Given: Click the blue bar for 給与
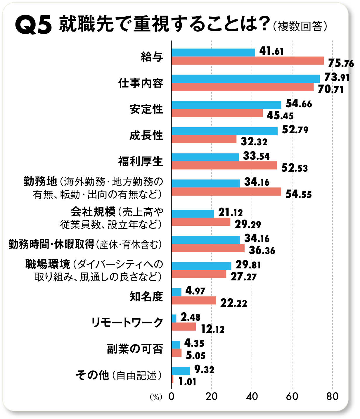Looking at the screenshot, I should coord(213,52).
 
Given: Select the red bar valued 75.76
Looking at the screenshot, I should coord(247,61).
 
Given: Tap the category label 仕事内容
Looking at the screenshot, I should coord(141,83).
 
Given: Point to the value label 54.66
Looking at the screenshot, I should coord(299,104).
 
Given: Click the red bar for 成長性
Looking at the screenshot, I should coord(204,139).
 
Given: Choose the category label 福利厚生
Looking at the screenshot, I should coord(141,161).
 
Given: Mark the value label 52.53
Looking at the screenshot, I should coord(295,168).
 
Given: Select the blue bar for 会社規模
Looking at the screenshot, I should coord(193,214).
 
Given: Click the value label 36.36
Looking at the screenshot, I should coord(262,251).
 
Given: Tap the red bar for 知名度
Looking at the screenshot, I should coord(194,301).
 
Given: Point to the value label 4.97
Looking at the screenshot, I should coord(195,291).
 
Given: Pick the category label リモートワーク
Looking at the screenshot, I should coord(127,323).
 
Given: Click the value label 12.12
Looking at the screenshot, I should coord(212,330).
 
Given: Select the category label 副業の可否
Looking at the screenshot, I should coord(135,349).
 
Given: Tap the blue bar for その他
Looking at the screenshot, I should coord(181,371).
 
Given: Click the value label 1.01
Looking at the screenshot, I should coord(187,382).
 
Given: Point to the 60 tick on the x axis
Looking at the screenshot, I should coord(292,396).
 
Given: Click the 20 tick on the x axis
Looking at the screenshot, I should coord(212,396).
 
